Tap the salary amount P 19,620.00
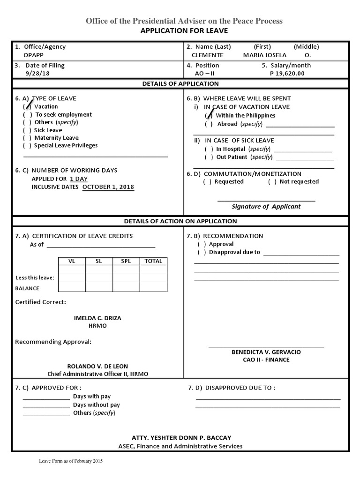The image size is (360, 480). click(x=287, y=74)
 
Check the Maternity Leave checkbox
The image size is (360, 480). click(x=27, y=138)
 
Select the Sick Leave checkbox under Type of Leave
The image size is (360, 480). click(x=27, y=130)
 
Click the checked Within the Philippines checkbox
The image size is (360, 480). click(x=209, y=115)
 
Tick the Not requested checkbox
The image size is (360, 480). click(x=272, y=182)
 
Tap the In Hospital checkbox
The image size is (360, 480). click(x=209, y=149)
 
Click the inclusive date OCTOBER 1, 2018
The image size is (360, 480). click(x=108, y=187)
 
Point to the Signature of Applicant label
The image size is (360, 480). click(x=266, y=207)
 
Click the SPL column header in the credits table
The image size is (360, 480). click(x=126, y=261)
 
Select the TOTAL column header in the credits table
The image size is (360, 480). click(x=153, y=261)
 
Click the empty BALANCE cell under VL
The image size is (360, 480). click(x=72, y=287)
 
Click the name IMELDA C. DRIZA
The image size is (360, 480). click(x=97, y=318)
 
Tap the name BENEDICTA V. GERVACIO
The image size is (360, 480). click(x=266, y=352)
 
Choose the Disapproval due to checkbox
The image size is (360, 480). click(x=202, y=252)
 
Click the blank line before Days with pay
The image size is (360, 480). click(x=46, y=397)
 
